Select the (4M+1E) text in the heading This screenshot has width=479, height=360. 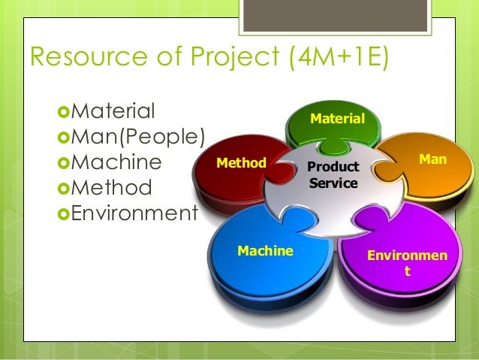334,59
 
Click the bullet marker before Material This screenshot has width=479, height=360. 63,112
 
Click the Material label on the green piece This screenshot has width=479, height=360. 337,119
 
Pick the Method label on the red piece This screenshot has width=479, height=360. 241,162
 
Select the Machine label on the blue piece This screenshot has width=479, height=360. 265,251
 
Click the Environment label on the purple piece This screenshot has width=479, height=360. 407,262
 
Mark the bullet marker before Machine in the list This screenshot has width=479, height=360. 63,163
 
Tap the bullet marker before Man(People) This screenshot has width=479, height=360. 63,138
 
